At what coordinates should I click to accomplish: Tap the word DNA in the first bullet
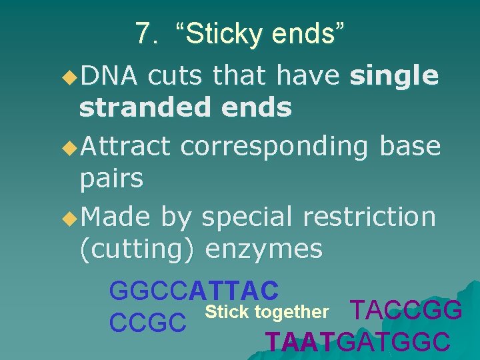[x=109, y=77]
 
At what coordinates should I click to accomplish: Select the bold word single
[x=395, y=77]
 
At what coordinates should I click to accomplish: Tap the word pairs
[x=111, y=179]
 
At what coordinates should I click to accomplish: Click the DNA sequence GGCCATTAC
[x=193, y=291]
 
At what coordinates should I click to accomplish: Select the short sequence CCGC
[x=147, y=323]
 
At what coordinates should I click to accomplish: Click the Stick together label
[x=267, y=312]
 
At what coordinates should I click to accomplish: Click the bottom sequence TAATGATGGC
[x=357, y=342]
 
